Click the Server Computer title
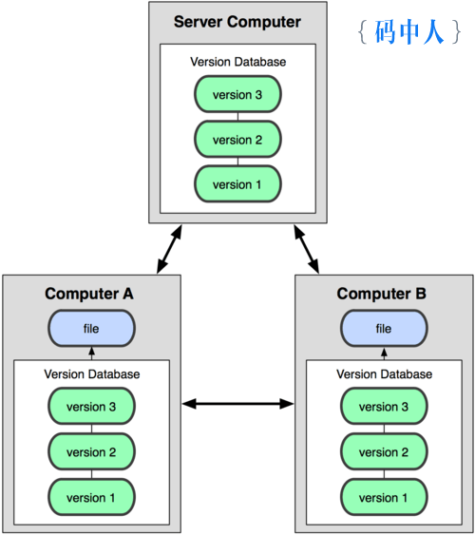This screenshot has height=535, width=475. point(237,22)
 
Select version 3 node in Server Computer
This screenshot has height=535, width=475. point(237,94)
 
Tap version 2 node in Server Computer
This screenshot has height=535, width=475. point(237,139)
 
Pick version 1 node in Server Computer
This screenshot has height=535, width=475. point(237,184)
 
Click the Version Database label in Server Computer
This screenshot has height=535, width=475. point(238,62)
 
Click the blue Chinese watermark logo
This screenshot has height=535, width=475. point(409,31)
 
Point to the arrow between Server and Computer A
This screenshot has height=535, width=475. point(169,249)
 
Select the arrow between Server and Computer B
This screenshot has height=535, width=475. point(307,249)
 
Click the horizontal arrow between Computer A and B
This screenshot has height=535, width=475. point(237,404)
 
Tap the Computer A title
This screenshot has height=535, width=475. point(89,294)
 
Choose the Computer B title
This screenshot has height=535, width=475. point(382,294)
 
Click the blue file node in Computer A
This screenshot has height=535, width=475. point(91,328)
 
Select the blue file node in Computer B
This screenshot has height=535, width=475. point(384,328)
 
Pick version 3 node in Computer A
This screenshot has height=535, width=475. point(91,406)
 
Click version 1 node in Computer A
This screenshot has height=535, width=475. point(91,497)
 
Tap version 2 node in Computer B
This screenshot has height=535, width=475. point(384,451)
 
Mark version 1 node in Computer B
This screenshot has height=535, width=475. point(384,497)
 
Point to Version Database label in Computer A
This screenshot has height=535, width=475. point(92,374)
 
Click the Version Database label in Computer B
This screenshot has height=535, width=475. point(385,374)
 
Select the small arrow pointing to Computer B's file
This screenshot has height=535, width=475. point(384,353)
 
